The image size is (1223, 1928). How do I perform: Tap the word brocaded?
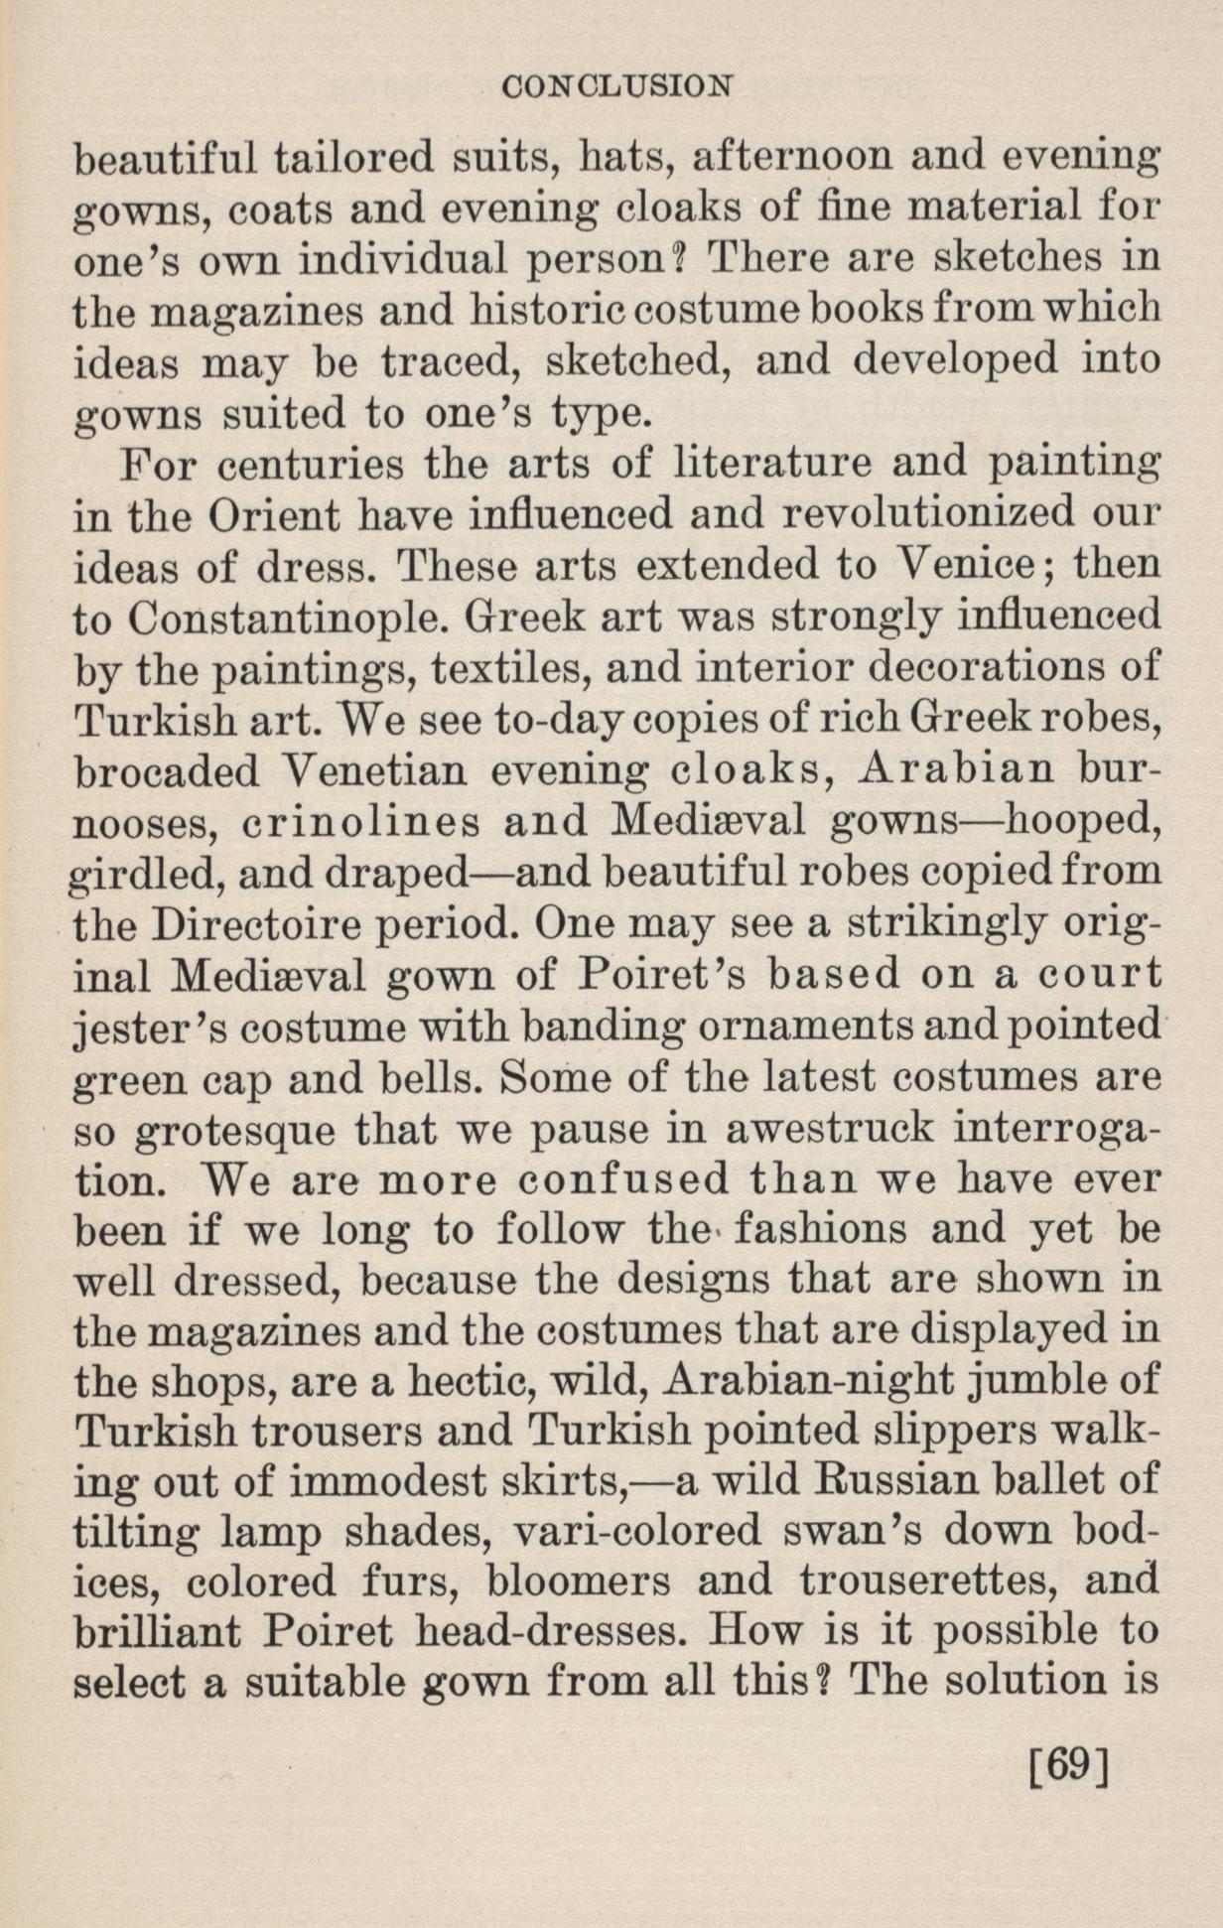point(154,771)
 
